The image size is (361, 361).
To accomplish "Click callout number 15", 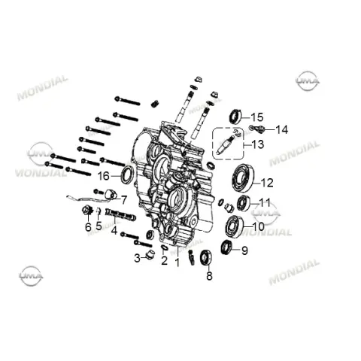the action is point(257,117).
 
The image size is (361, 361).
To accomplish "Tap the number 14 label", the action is point(282,129).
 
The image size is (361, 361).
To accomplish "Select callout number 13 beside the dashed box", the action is point(258,144).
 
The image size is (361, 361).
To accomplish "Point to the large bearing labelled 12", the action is point(243,177).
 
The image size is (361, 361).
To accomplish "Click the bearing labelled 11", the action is point(244,203).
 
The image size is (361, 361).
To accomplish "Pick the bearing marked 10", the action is point(234,226).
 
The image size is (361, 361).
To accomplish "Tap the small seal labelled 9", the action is point(226,247).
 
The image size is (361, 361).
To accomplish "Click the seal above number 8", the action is point(206,258).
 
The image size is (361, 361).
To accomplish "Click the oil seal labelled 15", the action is point(235,117).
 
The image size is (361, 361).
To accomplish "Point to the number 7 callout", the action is point(124,200).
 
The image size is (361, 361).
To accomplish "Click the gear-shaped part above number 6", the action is point(87,210).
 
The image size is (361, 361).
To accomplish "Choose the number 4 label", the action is point(114,230).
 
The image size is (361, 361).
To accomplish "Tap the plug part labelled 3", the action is point(150,255).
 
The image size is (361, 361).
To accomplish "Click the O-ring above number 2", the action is point(165,247).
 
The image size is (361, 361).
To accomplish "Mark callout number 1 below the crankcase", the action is point(177,262).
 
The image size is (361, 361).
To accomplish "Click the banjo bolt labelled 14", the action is point(256,129).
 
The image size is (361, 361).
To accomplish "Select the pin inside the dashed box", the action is point(226,145).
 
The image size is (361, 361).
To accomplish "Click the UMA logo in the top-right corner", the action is point(308,80).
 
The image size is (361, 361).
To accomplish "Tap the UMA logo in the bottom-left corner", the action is point(31,276).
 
